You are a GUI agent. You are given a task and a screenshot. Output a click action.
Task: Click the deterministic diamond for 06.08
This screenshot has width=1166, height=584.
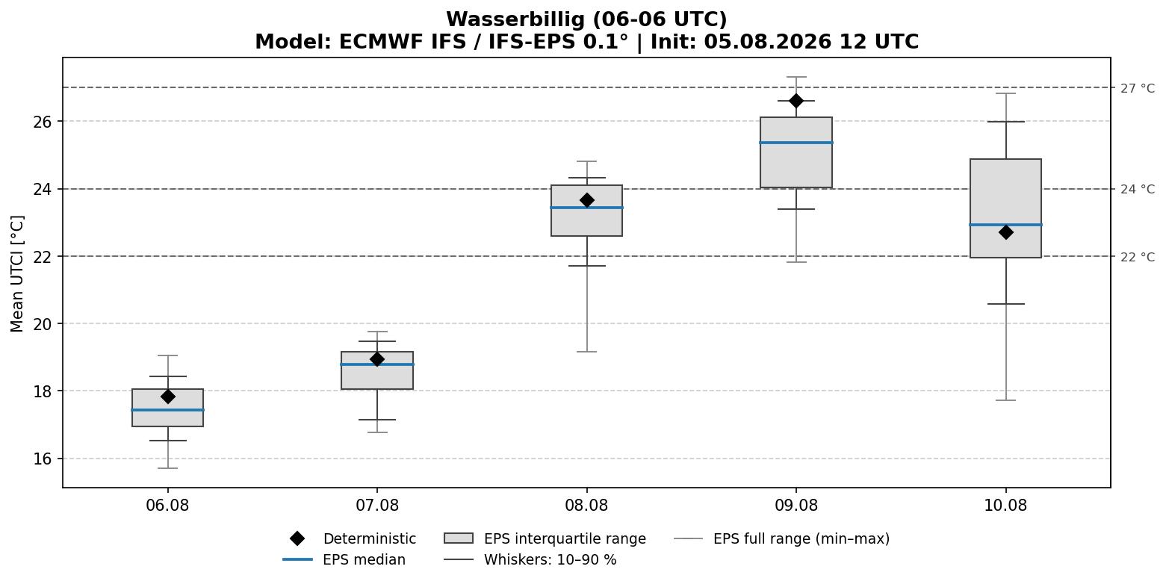[x=167, y=397]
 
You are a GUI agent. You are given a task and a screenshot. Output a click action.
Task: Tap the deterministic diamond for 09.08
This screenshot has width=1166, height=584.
[x=796, y=101]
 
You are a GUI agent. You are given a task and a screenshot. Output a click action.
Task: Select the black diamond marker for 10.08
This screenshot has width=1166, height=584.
[x=1005, y=232]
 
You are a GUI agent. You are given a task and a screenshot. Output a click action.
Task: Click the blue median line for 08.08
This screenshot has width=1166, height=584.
[x=586, y=207]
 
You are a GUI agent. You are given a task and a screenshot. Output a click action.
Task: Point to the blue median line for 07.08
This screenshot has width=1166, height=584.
[x=377, y=364]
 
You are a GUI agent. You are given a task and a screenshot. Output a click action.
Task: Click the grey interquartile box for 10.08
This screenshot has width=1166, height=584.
[x=1005, y=208]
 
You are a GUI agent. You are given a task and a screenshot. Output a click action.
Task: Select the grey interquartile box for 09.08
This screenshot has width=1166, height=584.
[x=796, y=152]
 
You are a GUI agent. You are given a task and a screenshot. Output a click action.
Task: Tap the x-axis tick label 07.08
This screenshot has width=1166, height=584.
[x=377, y=506]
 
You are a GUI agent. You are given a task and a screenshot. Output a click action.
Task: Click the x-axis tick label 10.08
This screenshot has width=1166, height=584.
[x=1005, y=506]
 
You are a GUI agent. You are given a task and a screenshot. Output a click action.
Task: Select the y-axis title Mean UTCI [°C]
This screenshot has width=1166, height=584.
[x=17, y=274]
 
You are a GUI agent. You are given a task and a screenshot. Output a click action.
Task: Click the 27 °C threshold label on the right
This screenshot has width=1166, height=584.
[x=1138, y=88]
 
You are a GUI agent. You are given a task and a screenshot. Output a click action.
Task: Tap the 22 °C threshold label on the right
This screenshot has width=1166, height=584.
[x=1138, y=257]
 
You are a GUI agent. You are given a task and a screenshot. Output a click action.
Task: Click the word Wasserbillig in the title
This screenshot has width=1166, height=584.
[x=516, y=19]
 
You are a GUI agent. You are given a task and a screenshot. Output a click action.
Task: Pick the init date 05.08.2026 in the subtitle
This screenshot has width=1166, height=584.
[x=768, y=42]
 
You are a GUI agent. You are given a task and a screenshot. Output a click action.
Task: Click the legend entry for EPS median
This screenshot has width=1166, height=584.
[x=344, y=559]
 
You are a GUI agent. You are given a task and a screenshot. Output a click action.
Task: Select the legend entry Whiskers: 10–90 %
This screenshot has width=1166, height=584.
[x=530, y=559]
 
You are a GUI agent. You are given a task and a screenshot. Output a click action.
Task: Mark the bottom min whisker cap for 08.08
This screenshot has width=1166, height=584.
[x=586, y=352]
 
